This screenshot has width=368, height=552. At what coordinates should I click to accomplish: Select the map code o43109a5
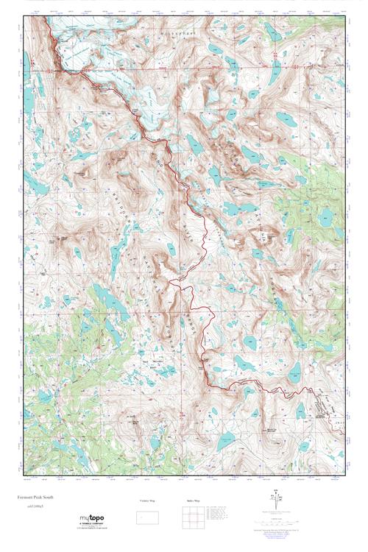tap(34, 507)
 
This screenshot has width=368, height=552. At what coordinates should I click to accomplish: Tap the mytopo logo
tap(95, 520)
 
